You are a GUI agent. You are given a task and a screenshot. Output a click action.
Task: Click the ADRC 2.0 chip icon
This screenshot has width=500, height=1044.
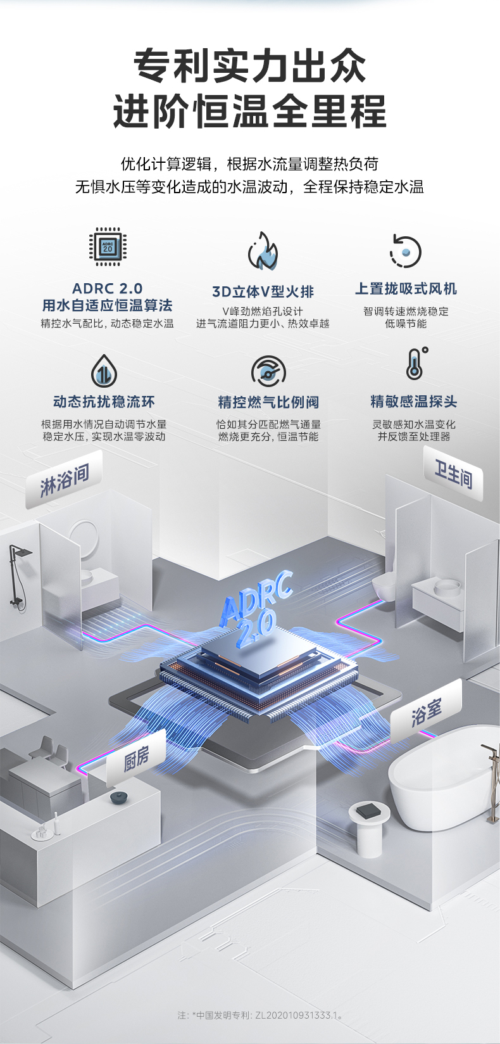click(108, 247)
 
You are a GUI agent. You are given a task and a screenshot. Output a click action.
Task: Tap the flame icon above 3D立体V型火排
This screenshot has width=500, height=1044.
click(263, 251)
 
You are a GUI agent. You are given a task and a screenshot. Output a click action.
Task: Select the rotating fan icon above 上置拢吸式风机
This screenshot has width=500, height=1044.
click(405, 251)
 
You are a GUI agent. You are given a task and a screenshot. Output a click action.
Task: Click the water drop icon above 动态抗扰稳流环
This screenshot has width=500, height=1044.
click(103, 371)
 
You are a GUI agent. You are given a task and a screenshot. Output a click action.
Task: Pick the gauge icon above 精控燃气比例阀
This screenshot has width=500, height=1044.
click(268, 371)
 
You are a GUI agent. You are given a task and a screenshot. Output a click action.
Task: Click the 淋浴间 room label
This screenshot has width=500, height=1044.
click(64, 482)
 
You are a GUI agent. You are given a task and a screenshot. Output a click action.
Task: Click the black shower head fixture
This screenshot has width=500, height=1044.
click(18, 573)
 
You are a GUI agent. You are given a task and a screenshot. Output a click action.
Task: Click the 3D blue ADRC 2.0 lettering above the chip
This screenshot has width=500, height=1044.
click(256, 608)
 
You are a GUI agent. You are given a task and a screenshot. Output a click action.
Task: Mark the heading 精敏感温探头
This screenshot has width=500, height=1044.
click(413, 402)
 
